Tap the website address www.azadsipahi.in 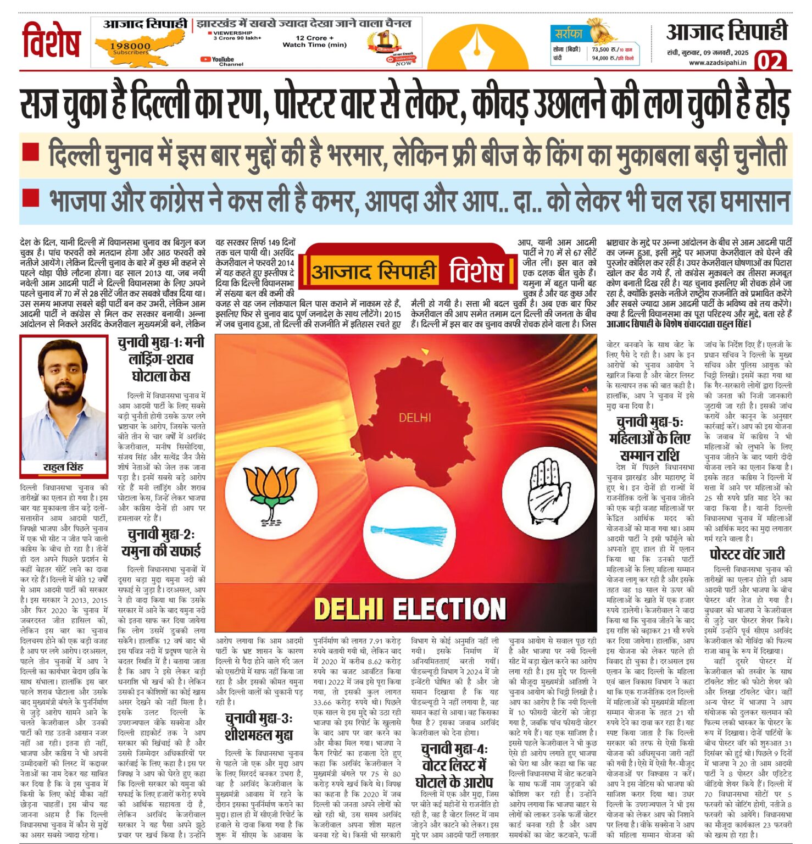coord(718,63)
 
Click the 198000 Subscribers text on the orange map coord(130,48)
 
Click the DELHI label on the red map coord(415,418)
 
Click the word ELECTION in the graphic coord(449,609)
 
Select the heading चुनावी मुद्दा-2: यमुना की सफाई coord(161,542)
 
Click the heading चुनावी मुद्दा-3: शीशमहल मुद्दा coord(259,726)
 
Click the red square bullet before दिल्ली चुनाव coord(31,152)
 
